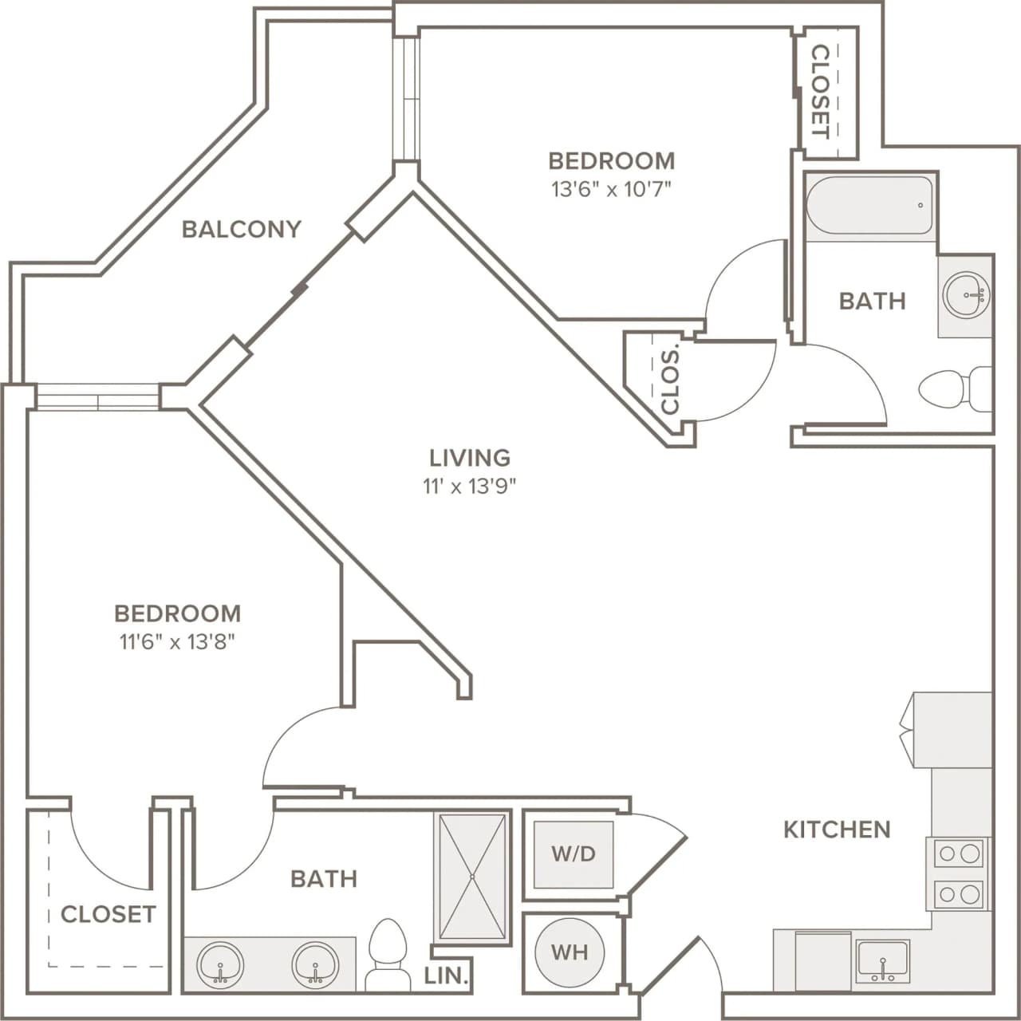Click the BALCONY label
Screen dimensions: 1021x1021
tap(242, 229)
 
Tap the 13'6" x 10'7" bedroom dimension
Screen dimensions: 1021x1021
tap(611, 190)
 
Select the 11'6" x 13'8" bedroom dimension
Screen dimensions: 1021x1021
tap(177, 641)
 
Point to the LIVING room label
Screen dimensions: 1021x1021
tap(470, 457)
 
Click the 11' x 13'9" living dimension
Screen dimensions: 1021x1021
tap(470, 486)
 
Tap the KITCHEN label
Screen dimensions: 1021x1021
tap(837, 830)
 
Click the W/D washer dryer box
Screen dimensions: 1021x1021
tap(574, 854)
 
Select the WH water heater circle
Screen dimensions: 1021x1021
tap(570, 952)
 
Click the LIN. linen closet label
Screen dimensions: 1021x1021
tap(446, 975)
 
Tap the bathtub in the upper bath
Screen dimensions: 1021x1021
tap(869, 206)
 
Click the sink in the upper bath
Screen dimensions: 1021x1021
tap(966, 295)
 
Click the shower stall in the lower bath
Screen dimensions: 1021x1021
tap(473, 877)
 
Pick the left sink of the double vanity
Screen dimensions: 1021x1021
tap(220, 965)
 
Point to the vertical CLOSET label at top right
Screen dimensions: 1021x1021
tap(820, 91)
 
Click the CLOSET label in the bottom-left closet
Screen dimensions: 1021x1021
tap(108, 914)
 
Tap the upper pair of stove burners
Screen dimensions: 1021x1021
tap(960, 853)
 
